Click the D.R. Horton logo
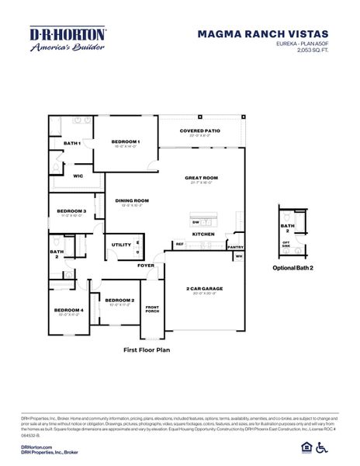pyautogui.click(x=67, y=39)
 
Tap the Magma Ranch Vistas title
pyautogui.click(x=262, y=34)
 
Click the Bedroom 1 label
pyautogui.click(x=126, y=141)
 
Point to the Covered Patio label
pyautogui.click(x=199, y=131)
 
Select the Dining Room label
pyautogui.click(x=132, y=200)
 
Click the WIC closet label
pyautogui.click(x=78, y=176)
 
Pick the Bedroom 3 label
pyautogui.click(x=71, y=210)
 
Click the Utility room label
pyautogui.click(x=121, y=245)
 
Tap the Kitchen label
pyautogui.click(x=203, y=234)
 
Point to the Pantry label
pyautogui.click(x=235, y=247)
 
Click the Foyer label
pyautogui.click(x=147, y=266)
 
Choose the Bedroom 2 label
pyautogui.click(x=119, y=300)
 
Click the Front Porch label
pyautogui.click(x=152, y=310)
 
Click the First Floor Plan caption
pyautogui.click(x=147, y=350)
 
